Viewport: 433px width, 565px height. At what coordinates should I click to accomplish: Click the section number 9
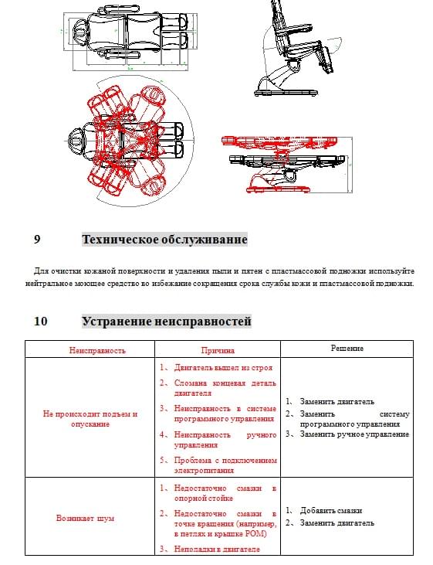37,240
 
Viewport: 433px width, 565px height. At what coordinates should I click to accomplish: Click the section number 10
41,321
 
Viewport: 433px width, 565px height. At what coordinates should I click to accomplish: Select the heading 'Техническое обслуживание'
164,240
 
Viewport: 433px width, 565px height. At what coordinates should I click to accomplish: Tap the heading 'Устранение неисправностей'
167,321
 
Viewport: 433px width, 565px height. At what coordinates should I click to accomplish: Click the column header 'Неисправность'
97,350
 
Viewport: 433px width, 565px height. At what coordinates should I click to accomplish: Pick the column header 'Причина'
218,350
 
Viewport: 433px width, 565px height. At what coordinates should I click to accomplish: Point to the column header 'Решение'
347,349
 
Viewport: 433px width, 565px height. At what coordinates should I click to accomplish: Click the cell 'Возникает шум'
86,518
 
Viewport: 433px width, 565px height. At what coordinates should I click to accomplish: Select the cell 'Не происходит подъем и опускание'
90,419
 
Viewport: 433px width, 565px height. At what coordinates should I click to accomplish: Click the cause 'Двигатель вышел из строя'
223,368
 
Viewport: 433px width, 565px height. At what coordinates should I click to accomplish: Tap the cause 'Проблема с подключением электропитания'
225,465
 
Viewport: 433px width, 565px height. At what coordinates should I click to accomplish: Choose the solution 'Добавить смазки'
331,511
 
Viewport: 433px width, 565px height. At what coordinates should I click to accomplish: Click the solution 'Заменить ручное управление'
354,434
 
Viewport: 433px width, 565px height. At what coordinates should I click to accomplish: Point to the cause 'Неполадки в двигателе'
217,549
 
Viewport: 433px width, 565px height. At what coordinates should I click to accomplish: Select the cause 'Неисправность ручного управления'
225,440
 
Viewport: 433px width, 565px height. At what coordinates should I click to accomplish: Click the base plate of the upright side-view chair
286,93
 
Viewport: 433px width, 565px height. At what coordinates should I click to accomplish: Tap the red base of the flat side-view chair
278,189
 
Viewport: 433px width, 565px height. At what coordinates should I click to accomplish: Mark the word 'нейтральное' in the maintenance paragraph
49,284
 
